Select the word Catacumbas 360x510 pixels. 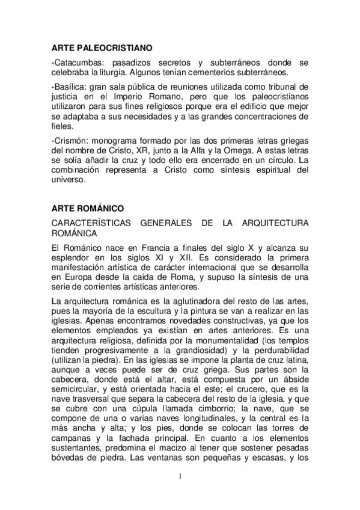76,62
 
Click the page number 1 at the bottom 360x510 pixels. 180,476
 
